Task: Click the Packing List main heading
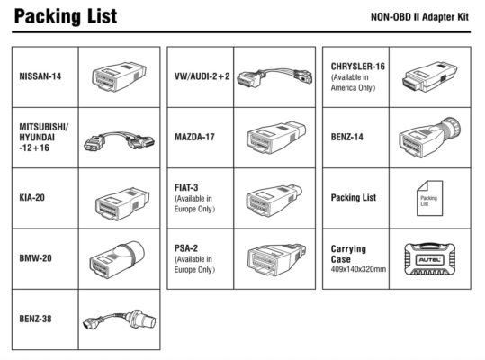(x=66, y=16)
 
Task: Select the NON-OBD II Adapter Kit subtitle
(x=419, y=17)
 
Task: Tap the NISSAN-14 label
(x=40, y=76)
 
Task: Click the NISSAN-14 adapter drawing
(x=119, y=76)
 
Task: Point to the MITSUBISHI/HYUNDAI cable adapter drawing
(x=119, y=140)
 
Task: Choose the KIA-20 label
(x=31, y=198)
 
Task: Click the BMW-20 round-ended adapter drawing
(x=117, y=260)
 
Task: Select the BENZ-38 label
(x=35, y=319)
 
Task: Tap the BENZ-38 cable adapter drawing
(x=120, y=319)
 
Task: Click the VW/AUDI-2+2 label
(x=202, y=76)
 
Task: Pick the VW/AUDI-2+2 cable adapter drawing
(x=274, y=78)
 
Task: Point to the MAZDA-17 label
(x=194, y=137)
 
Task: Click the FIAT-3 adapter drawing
(x=274, y=201)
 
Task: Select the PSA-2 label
(x=186, y=248)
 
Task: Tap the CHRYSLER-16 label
(x=358, y=67)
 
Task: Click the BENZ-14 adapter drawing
(x=430, y=137)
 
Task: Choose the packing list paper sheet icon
(x=429, y=198)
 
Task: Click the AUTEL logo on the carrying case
(x=430, y=260)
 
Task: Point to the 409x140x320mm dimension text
(x=358, y=269)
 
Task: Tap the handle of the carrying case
(x=430, y=245)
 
